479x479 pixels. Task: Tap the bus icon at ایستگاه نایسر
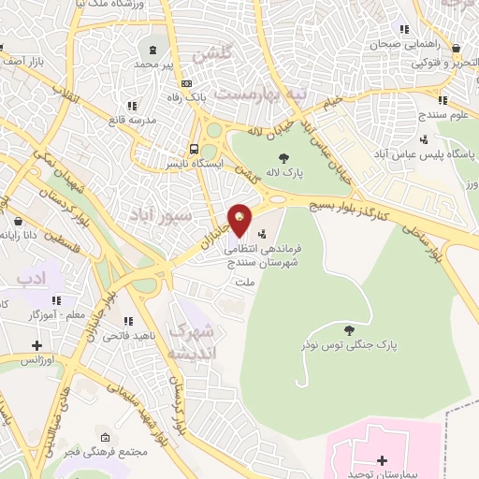tap(194, 149)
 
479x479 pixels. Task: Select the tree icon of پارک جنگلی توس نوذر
tap(348, 329)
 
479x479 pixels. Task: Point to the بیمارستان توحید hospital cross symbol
tap(382, 460)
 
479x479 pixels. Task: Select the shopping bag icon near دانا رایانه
tap(20, 223)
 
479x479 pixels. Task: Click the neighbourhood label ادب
tap(31, 278)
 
